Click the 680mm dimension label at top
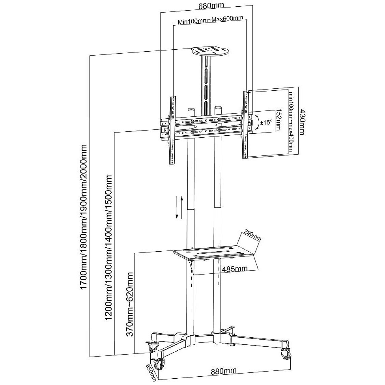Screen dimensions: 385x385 208,6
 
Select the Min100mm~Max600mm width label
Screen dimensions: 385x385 210,20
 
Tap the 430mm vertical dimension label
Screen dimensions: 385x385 302,122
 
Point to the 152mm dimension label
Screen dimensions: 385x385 278,120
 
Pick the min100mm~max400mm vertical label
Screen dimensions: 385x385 292,122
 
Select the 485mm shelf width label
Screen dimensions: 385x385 235,269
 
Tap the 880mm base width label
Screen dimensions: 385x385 224,371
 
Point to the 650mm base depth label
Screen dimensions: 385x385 151,372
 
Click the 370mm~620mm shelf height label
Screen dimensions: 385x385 130,304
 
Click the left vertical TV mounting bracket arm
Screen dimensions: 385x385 173,131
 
